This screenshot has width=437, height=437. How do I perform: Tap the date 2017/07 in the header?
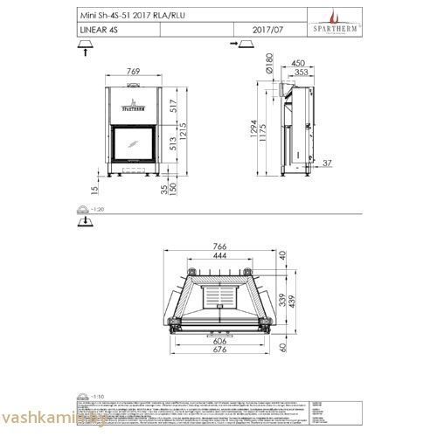(267, 30)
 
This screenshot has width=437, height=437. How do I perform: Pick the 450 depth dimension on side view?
(298, 63)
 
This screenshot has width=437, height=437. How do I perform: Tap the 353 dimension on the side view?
(300, 73)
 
